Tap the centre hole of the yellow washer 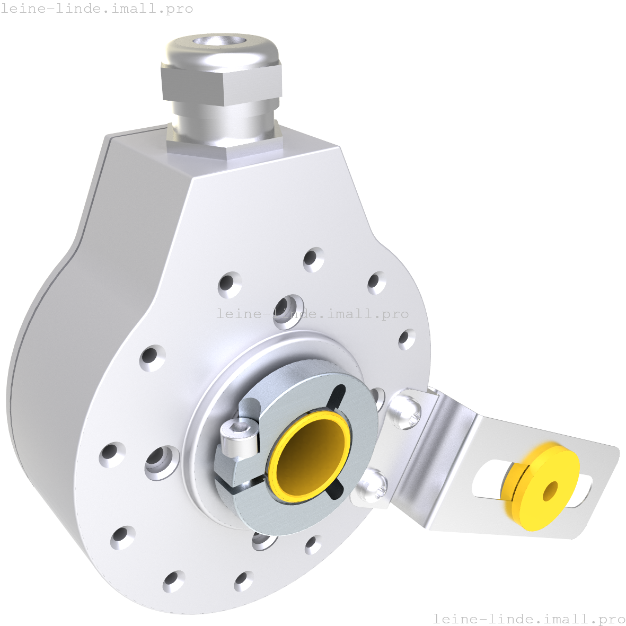coord(551,491)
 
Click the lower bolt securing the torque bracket coord(373,486)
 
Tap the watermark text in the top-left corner coord(97,9)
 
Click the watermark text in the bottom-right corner coord(528,619)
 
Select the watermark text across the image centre coord(313,314)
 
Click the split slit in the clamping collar coord(239,482)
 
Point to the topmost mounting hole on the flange coord(314,259)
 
